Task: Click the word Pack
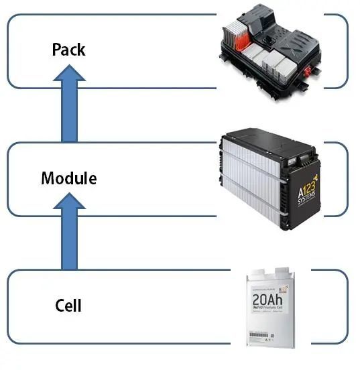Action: [68, 50]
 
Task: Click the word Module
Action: [68, 178]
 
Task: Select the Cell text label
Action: [68, 306]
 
